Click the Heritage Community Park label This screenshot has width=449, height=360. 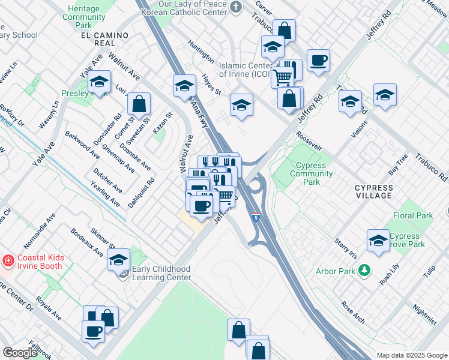(x=88, y=18)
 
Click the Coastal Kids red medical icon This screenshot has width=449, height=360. (x=8, y=261)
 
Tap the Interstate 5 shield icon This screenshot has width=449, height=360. (x=256, y=218)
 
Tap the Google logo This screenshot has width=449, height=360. (x=20, y=353)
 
